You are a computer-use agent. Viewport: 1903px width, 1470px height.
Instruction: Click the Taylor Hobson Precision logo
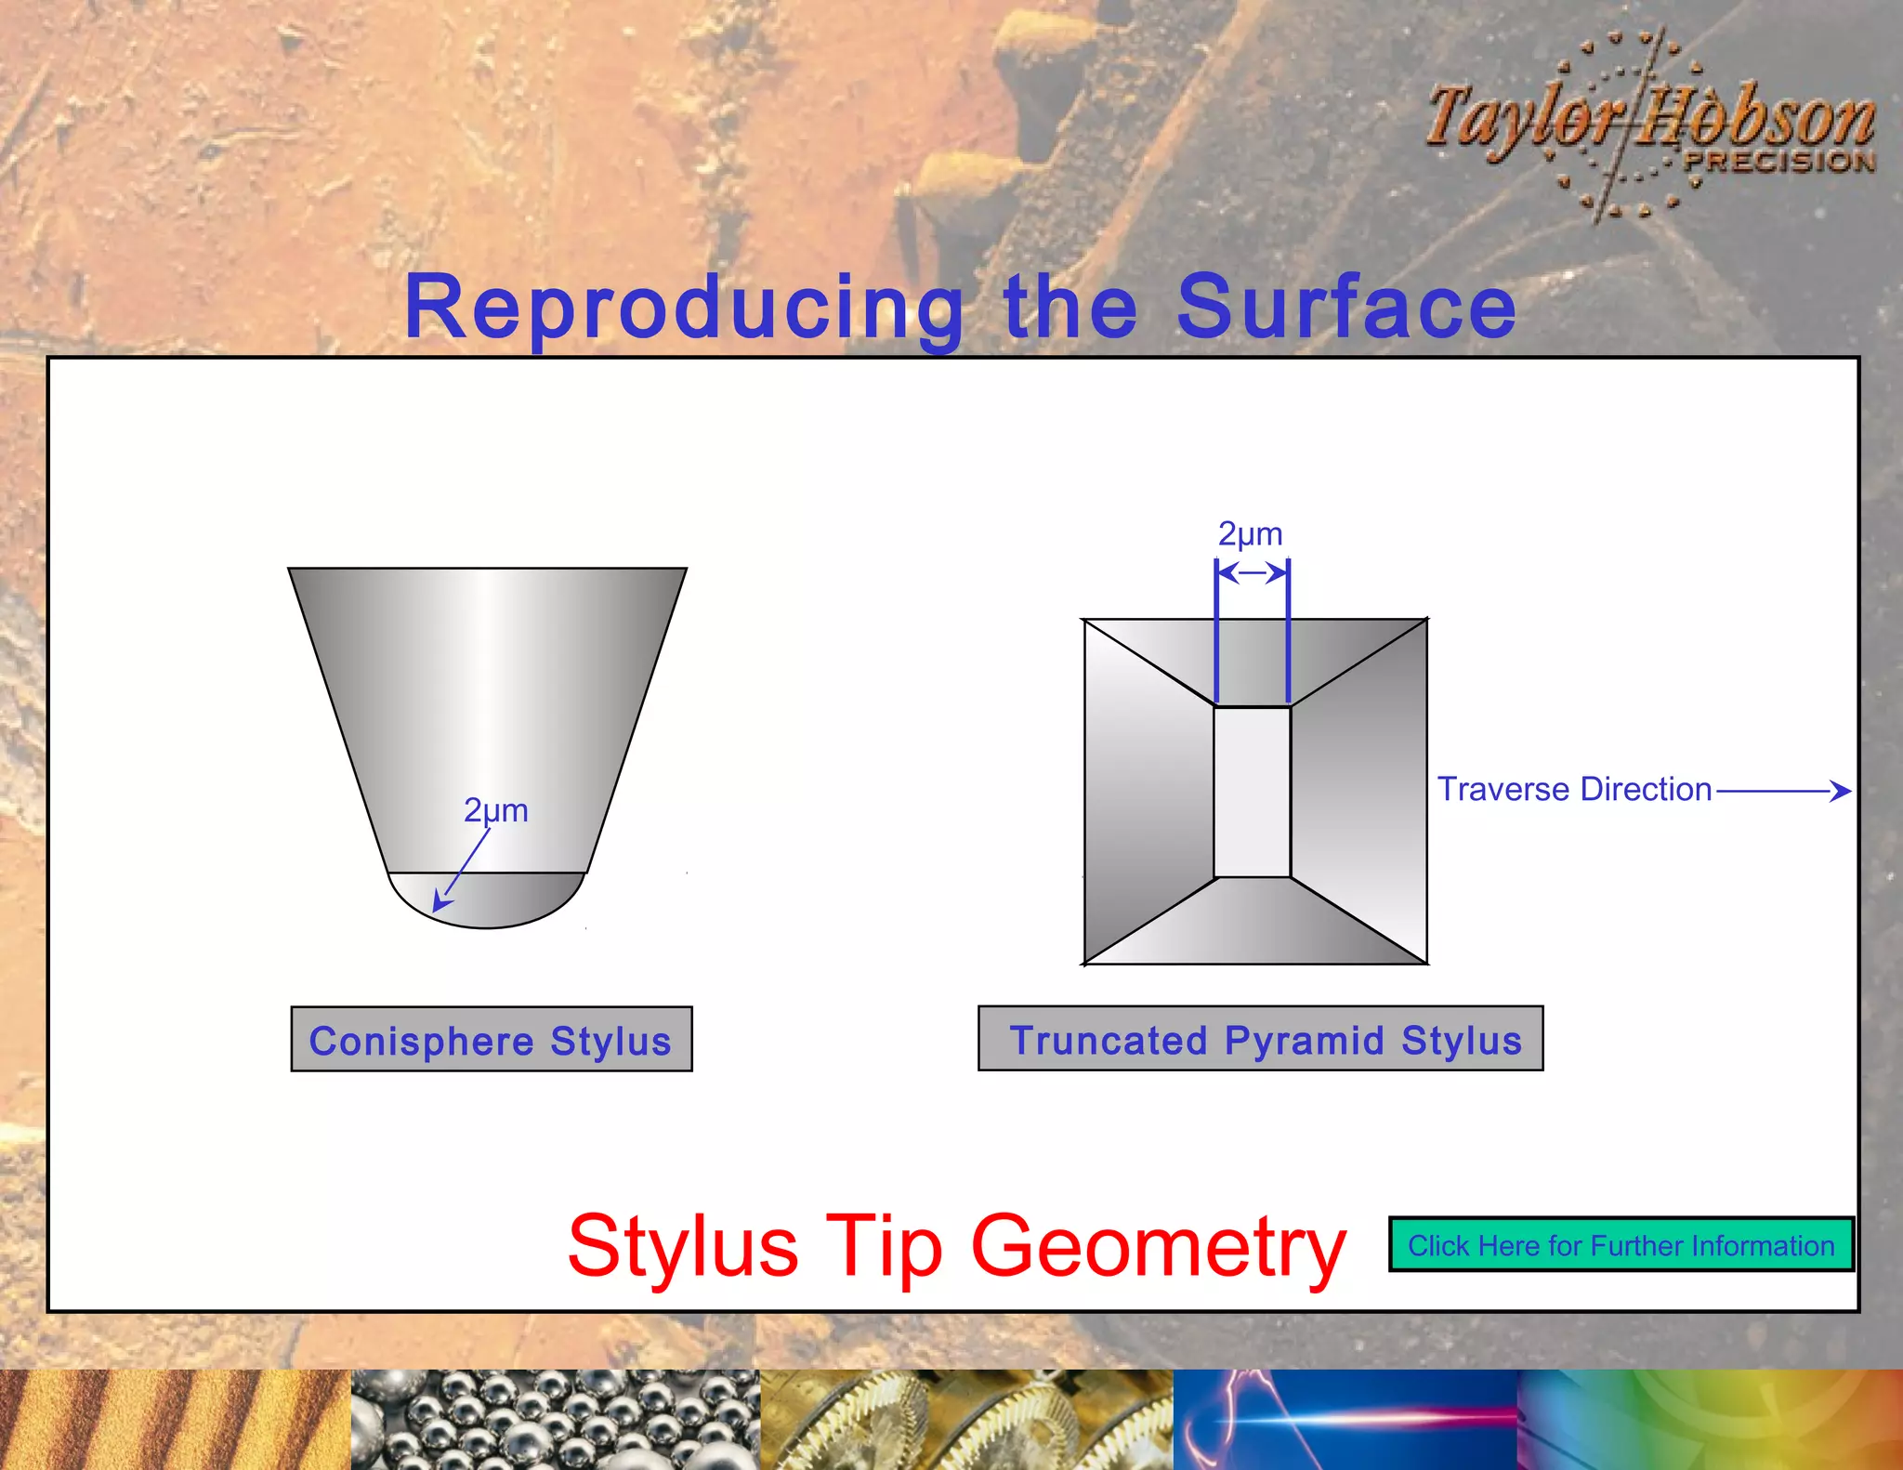[1650, 125]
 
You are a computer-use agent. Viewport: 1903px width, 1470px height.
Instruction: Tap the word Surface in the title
[1346, 307]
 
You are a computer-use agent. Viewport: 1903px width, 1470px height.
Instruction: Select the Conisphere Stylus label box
[491, 1040]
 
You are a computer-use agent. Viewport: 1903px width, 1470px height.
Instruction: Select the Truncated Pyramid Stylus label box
[1260, 1039]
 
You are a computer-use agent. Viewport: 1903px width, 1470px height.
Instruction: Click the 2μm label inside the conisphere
[495, 810]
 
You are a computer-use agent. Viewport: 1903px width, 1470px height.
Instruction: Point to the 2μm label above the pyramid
[1250, 534]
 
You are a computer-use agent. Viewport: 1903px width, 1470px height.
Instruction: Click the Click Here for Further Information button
[1621, 1245]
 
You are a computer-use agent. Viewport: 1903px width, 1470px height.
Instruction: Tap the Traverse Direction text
[1574, 789]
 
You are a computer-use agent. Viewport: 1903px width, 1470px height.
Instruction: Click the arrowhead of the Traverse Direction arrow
[1841, 791]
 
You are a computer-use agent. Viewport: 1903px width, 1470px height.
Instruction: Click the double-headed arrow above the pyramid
[1253, 572]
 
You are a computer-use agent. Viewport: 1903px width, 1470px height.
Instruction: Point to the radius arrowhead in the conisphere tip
[440, 902]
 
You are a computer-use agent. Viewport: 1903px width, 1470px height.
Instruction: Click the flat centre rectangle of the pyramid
[1253, 792]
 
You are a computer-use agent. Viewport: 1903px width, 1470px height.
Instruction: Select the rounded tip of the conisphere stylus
[487, 901]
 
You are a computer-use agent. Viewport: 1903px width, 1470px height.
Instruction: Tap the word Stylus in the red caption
[683, 1245]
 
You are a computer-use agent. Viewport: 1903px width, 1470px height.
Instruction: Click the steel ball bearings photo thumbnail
[555, 1420]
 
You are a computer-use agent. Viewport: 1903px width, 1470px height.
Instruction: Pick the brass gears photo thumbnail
[966, 1420]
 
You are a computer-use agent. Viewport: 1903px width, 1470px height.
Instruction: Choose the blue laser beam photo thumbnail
[1345, 1420]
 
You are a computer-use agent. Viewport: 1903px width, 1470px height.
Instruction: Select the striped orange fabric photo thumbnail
[175, 1420]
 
